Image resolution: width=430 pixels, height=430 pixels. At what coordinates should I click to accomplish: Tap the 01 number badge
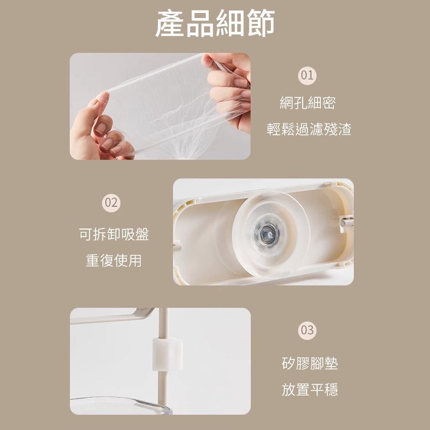coord(307,76)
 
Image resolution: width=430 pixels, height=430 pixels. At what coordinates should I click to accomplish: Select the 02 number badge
coord(111,203)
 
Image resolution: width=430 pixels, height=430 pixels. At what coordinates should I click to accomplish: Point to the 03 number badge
coord(307,330)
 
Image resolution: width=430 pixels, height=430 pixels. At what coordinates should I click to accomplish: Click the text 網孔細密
coord(307,103)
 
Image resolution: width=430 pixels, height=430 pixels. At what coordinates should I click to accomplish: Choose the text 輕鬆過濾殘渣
coord(309,129)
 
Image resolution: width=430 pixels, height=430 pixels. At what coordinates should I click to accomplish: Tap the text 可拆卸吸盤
coord(114,234)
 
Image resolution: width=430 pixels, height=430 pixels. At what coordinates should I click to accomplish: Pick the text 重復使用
coord(113,260)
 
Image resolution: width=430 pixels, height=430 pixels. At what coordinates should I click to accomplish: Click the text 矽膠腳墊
coord(310,363)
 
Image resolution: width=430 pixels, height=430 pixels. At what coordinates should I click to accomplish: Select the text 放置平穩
coord(310,389)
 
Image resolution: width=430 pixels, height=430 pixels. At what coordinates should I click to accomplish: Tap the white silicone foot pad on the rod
coord(167,354)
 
